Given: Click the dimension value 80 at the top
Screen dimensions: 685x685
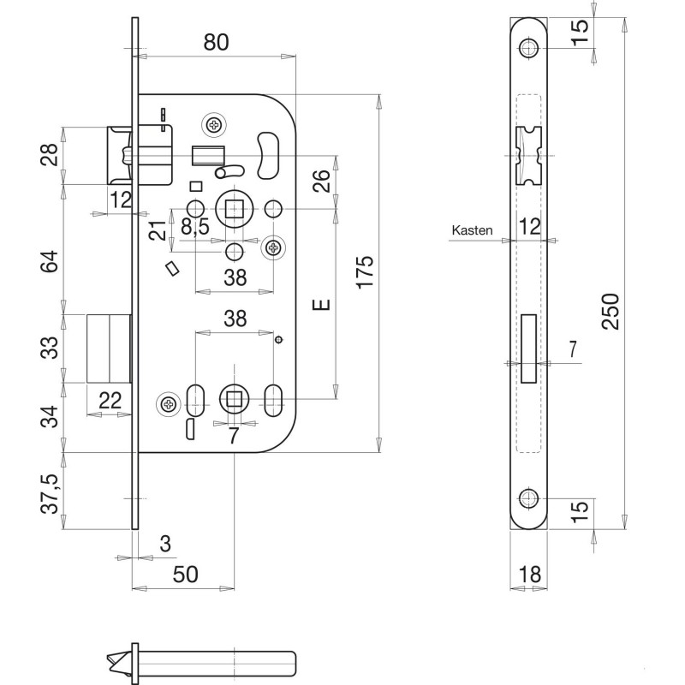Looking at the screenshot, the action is coord(217,42).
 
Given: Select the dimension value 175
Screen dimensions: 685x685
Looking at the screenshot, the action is coord(365,272).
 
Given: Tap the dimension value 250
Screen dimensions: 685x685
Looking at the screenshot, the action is coord(611,312).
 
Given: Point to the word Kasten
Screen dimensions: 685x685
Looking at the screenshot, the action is coord(472,230).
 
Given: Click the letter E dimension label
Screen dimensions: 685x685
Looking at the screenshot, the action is coord(322,305).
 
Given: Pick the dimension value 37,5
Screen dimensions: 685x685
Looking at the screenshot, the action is coord(50,494).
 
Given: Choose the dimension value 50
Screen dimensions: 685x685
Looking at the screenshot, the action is coord(186,574).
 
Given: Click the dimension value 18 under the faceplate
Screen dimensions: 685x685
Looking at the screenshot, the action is coord(529,574).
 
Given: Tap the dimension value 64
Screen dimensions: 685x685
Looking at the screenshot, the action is coord(50,261).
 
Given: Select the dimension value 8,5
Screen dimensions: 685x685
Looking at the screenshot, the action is coord(195,227).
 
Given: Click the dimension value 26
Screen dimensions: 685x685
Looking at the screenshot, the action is coord(321,181).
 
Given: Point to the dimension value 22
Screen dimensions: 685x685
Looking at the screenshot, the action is coord(110,401).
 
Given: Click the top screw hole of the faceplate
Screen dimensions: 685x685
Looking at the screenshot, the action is coord(529,48).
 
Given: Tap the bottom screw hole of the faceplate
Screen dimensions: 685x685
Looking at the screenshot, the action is coord(529,498).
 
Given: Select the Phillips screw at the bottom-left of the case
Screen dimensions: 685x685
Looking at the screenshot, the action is coord(169,404).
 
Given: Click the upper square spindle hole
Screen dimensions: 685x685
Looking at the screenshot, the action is coord(235,209).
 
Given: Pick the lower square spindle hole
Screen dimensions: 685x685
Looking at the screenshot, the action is coord(235,399).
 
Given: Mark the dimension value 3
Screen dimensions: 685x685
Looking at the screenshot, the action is coord(165,545).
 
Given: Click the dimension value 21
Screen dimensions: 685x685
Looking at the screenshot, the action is coord(158,230).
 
